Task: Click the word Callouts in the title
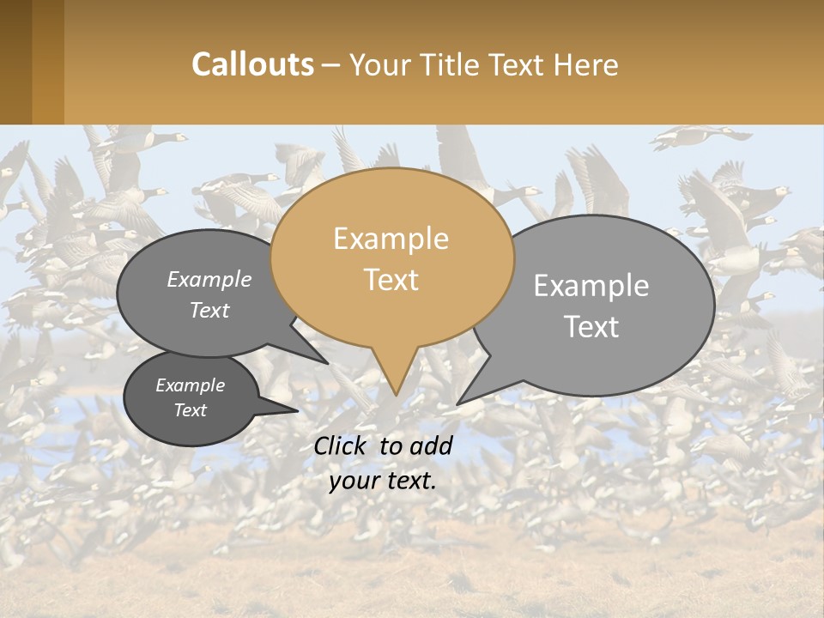252,65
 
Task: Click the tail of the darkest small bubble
279,409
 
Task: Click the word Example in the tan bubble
391,239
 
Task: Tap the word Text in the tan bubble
391,280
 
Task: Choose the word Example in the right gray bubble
591,286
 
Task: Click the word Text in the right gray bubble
591,327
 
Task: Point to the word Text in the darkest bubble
190,410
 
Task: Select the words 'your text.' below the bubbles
383,481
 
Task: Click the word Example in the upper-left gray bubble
209,280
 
